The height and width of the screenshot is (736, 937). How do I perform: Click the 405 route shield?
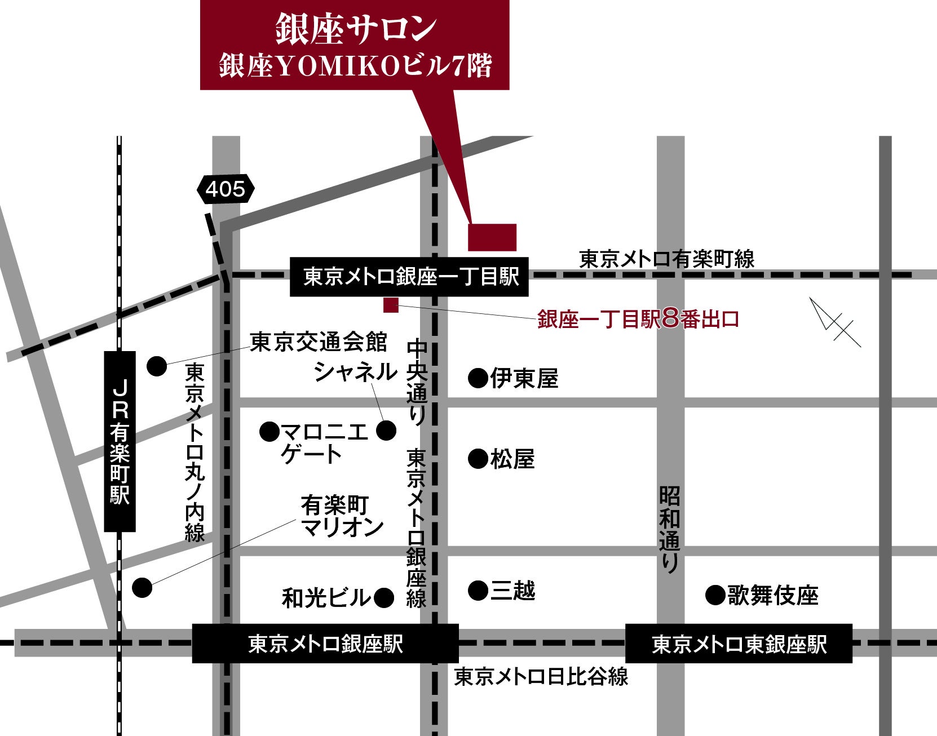point(226,189)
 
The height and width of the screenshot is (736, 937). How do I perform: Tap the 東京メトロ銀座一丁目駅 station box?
point(409,277)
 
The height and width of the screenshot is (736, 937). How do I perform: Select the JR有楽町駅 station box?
point(120,441)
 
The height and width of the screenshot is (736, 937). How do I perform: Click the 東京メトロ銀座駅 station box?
point(325,644)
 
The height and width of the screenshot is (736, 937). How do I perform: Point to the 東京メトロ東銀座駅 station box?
point(739,644)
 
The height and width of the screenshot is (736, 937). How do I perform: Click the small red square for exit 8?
point(391,305)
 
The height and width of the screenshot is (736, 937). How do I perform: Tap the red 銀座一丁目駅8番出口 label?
point(638,320)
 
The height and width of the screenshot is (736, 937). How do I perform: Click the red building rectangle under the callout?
point(492,237)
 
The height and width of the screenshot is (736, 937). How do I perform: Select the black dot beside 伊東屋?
point(478,378)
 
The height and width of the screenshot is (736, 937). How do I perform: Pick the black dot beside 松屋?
point(478,459)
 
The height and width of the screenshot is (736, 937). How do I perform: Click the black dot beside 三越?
point(478,591)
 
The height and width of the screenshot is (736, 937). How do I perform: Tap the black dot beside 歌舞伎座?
point(715,595)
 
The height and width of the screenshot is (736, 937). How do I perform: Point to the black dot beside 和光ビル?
point(384,598)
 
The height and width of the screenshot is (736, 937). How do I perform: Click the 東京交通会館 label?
point(319,342)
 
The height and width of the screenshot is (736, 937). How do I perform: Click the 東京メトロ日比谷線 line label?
point(541,676)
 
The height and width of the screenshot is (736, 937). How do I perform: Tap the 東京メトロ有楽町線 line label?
point(667,259)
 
